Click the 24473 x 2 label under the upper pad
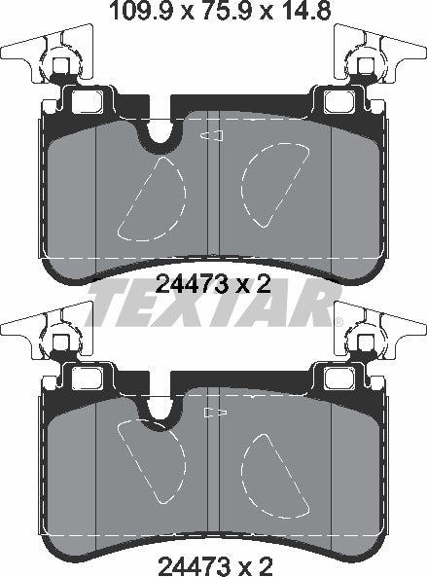point(213,283)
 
